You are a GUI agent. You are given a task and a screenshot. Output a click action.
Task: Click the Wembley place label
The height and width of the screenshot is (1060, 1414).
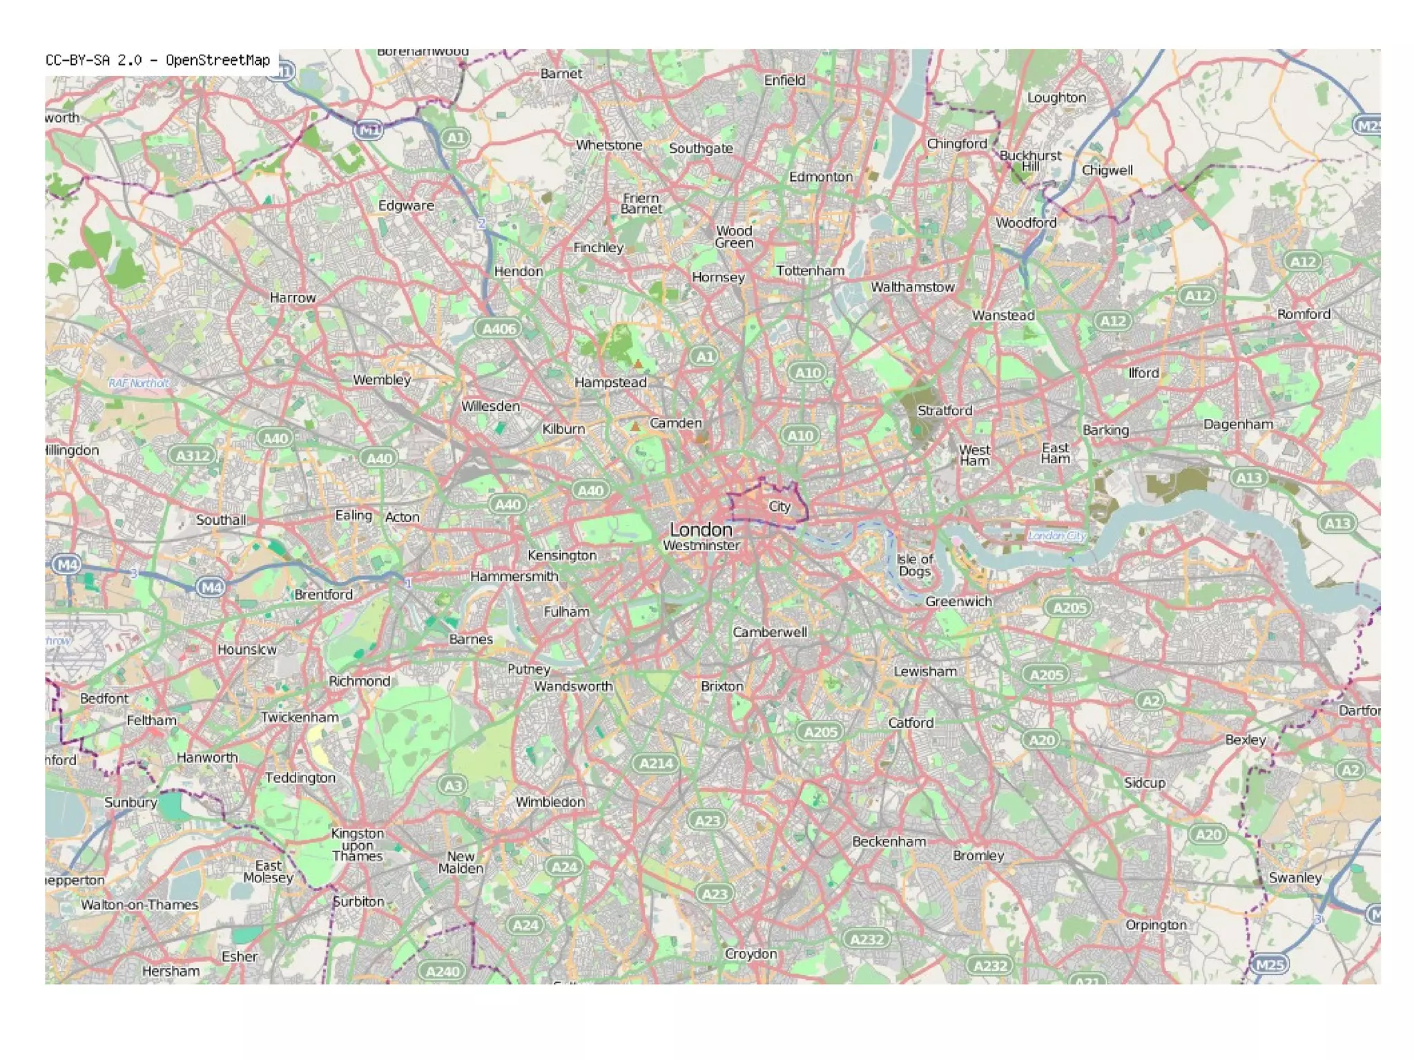382,380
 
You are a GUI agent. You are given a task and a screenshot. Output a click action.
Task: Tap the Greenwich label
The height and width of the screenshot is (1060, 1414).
958,601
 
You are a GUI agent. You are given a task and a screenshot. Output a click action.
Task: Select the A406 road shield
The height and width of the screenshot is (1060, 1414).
498,329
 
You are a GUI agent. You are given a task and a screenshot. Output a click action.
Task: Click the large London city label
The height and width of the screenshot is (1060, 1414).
701,530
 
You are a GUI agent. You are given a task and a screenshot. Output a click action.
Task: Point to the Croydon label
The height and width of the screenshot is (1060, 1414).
750,954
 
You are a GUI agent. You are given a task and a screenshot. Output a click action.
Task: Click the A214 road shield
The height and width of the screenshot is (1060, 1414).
655,763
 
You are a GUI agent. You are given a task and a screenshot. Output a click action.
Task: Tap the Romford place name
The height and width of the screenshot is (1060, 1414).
1303,314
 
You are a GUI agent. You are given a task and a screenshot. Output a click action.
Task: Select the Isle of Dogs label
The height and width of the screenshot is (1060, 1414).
914,565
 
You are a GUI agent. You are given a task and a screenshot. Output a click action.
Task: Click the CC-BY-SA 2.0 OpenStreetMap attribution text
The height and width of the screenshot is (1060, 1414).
157,60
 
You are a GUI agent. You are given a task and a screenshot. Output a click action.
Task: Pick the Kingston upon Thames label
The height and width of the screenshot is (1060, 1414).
357,845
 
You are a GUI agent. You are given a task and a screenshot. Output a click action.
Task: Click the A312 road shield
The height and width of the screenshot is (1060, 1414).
193,456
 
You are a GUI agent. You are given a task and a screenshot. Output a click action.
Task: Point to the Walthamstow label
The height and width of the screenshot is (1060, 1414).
912,287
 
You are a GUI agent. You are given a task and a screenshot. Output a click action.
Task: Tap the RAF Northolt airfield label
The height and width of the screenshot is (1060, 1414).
139,383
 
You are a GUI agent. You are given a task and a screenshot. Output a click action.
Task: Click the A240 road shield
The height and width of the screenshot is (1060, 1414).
443,971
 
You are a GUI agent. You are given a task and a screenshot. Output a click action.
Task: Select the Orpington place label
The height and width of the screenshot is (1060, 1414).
1155,925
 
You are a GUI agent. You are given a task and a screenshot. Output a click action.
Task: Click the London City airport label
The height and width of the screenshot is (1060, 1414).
1056,535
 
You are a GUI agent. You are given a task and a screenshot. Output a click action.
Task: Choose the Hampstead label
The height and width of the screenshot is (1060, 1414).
610,383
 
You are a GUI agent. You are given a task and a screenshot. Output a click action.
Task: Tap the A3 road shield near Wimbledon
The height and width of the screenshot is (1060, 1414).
452,785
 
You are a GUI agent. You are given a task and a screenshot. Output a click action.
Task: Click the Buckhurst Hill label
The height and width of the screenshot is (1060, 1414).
1030,160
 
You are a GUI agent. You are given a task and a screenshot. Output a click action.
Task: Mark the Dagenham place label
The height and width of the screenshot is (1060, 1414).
1238,424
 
